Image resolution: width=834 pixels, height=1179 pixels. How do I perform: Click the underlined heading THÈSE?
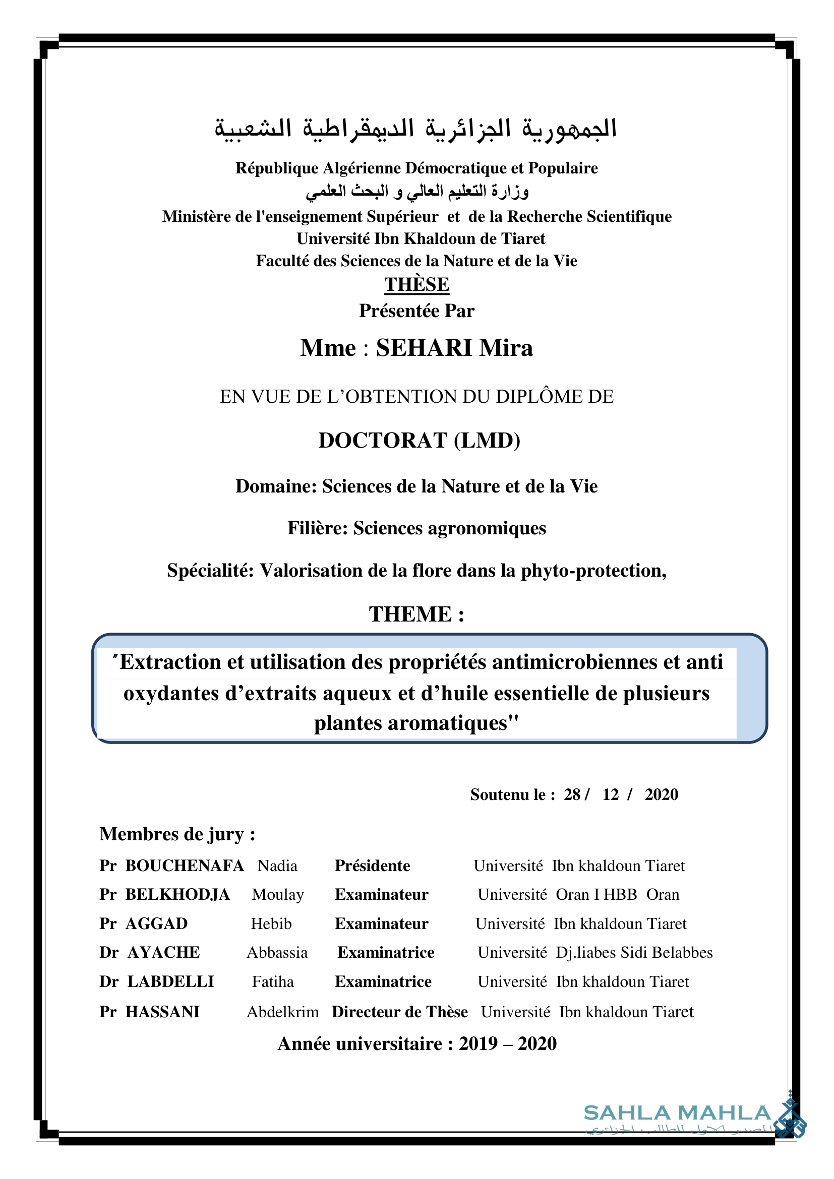(x=416, y=284)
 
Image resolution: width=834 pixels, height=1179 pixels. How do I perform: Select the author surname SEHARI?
(x=424, y=348)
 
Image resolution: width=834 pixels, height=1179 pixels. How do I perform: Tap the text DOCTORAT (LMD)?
(x=419, y=441)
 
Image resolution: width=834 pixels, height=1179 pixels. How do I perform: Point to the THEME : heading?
(x=416, y=614)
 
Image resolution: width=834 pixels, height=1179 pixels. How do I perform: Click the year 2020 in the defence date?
(x=662, y=794)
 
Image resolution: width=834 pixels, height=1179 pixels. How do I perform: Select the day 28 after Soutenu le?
(x=572, y=794)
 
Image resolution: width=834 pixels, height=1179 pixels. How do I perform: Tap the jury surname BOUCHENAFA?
(x=185, y=866)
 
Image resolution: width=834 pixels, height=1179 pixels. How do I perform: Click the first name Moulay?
(x=278, y=895)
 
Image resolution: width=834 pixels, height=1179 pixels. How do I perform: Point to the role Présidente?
(x=372, y=866)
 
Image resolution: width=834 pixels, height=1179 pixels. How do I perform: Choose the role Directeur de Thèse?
(x=399, y=1012)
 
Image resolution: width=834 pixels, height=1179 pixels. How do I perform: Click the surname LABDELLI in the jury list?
(x=170, y=982)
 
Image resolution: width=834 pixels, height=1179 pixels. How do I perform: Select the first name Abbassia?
(x=277, y=953)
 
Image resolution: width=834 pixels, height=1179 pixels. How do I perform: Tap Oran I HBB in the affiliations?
(x=596, y=895)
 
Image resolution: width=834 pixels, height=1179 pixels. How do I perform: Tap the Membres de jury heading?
(x=176, y=834)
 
